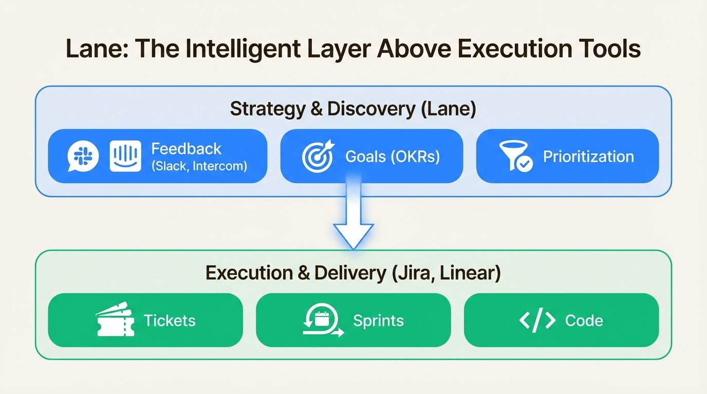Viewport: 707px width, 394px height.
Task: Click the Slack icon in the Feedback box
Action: pos(83,156)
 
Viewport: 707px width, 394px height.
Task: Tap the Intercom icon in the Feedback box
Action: pos(125,156)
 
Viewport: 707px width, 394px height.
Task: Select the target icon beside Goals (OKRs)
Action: pos(318,156)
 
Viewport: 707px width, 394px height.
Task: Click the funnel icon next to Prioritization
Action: pos(515,156)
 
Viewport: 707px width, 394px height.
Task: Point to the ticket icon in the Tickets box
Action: pos(115,321)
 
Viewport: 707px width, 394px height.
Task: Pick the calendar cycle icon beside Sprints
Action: pos(322,320)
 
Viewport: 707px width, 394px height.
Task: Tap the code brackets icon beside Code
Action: pos(537,321)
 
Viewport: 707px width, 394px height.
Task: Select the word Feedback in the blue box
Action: pos(186,149)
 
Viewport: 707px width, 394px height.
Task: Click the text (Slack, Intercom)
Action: pos(199,166)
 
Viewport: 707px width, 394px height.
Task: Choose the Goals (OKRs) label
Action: pos(393,156)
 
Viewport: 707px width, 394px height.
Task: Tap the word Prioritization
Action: pos(588,156)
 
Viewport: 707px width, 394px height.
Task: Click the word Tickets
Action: pos(170,321)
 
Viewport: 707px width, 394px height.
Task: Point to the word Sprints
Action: pos(378,321)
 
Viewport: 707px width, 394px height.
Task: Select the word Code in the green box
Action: pos(584,321)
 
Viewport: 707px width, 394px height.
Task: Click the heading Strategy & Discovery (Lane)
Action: pos(353,109)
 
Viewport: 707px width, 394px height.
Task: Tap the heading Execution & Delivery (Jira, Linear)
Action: pos(353,273)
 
